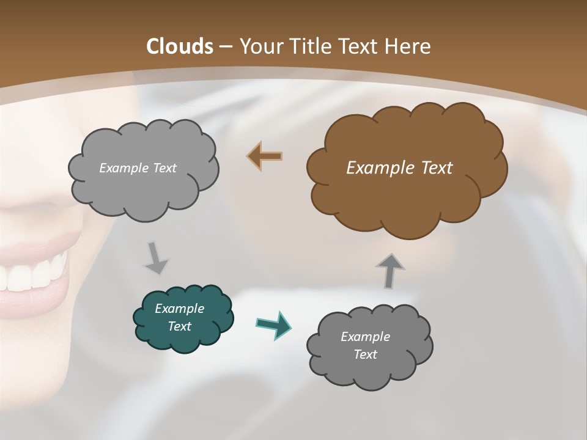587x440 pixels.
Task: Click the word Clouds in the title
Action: (179, 46)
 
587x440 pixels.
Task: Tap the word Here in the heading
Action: (410, 46)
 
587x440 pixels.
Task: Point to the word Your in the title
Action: (260, 46)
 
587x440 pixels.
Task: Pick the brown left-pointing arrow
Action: (265, 156)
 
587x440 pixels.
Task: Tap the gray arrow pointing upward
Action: (389, 270)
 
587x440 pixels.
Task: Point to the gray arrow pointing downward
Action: (156, 258)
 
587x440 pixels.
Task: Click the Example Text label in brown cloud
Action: (399, 167)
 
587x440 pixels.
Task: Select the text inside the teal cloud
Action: (179, 317)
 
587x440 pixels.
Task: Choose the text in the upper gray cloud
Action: (138, 167)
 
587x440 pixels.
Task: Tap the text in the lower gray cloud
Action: (365, 345)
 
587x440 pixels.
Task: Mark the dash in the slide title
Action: (225, 47)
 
